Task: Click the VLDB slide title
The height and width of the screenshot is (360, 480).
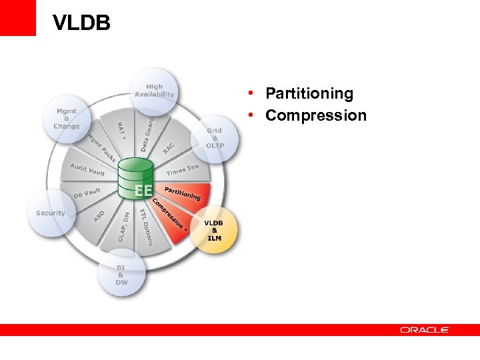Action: [x=81, y=24]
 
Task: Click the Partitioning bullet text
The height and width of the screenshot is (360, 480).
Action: [x=309, y=93]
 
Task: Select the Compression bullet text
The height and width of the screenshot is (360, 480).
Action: [x=315, y=115]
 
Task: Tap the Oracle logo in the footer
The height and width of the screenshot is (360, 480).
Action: [x=425, y=329]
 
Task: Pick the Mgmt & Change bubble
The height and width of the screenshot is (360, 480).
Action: [x=67, y=119]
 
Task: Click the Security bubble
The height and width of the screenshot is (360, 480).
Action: [x=51, y=213]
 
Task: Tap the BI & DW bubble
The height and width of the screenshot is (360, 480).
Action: [x=121, y=274]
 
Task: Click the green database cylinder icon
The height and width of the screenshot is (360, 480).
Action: [x=136, y=177]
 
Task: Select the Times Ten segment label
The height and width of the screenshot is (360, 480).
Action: [x=183, y=171]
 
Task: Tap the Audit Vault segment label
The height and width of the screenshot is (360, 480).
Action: [x=87, y=170]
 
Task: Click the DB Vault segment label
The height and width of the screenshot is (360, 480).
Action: [x=87, y=193]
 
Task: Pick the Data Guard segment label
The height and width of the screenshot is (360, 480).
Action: [x=147, y=133]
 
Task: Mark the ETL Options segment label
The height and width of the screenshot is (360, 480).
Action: [x=145, y=227]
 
